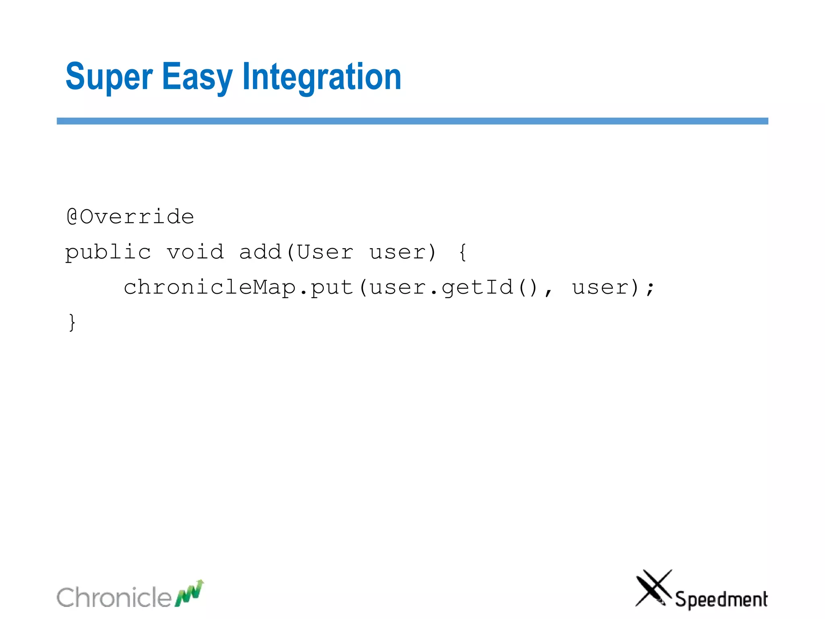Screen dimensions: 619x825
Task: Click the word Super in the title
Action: (x=109, y=77)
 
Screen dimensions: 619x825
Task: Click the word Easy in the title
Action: (x=197, y=77)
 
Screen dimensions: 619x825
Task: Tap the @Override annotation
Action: (x=130, y=217)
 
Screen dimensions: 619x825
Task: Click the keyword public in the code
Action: (x=108, y=253)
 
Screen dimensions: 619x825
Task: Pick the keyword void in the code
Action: (x=195, y=252)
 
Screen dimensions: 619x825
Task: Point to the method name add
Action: (x=260, y=252)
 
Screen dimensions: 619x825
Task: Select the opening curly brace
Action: (x=463, y=252)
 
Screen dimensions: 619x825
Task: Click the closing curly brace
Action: (x=72, y=322)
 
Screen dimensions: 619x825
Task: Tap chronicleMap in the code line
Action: (x=210, y=288)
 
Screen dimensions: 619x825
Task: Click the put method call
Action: (x=332, y=288)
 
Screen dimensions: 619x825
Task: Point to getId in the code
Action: (x=477, y=288)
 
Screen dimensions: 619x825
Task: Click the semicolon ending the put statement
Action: (x=650, y=288)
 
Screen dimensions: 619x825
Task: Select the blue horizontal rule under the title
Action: (x=412, y=121)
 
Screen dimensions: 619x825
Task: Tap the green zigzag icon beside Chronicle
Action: (x=189, y=593)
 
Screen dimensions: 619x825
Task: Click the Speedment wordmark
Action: (x=721, y=599)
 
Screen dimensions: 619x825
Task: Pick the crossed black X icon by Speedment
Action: (x=653, y=588)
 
